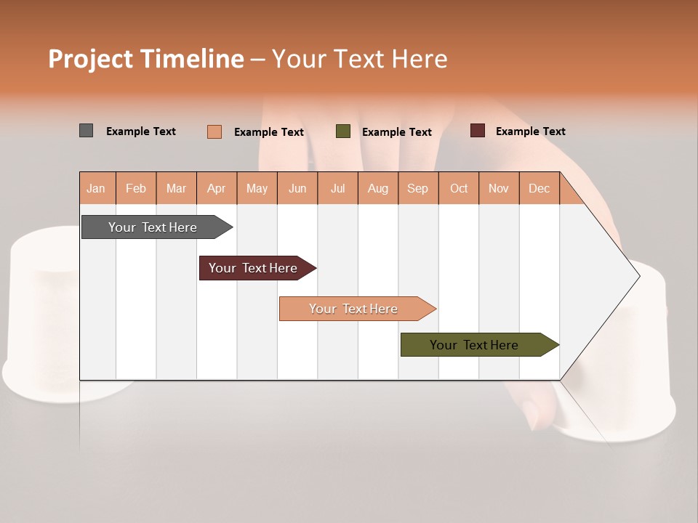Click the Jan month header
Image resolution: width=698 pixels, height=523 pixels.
(x=97, y=188)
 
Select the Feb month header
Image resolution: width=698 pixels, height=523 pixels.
(x=136, y=188)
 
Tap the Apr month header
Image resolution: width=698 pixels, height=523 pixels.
(x=217, y=188)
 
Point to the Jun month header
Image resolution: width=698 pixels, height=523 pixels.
(x=297, y=188)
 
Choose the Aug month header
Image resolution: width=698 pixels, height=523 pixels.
(x=378, y=188)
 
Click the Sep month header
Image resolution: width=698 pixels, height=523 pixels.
(x=418, y=188)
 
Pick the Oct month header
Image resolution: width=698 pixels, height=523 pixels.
(x=459, y=188)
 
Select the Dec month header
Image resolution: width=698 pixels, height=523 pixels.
(x=539, y=188)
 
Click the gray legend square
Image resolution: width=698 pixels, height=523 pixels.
(x=87, y=131)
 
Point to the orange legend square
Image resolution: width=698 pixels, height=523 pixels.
(x=214, y=131)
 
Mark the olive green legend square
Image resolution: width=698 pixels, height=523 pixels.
(x=343, y=131)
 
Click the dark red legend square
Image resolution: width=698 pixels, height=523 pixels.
(x=478, y=131)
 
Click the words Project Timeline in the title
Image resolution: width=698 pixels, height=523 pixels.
(x=146, y=59)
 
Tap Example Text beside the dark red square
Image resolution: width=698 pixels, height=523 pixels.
(x=530, y=131)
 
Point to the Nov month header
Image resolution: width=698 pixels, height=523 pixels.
(x=499, y=188)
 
